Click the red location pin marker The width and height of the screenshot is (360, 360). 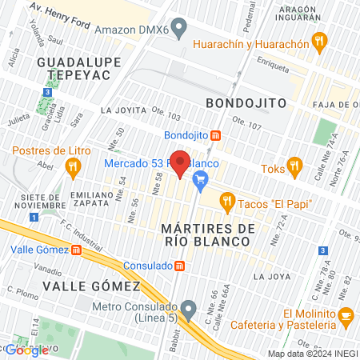[x=181, y=162]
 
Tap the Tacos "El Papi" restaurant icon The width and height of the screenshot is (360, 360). [x=226, y=201]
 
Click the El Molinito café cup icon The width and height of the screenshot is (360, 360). [x=345, y=315]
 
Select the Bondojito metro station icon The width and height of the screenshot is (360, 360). [x=215, y=134]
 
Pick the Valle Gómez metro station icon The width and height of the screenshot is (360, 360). [x=77, y=249]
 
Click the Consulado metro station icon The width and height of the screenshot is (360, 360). [x=181, y=265]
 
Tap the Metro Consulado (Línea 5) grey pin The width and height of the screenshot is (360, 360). [x=189, y=306]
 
